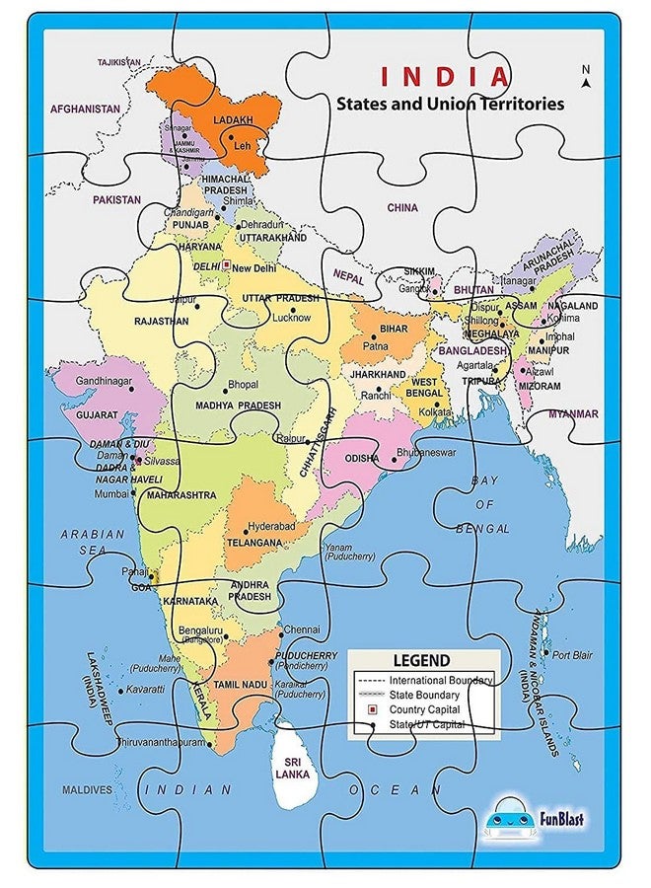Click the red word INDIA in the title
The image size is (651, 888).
coord(446,76)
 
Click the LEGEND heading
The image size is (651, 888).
coord(421,660)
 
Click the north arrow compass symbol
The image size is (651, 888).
coord(585,78)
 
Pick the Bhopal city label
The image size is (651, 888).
coord(243,385)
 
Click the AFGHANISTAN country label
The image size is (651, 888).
coord(85,109)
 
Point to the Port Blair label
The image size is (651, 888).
coord(573,654)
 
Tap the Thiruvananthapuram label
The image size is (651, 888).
coord(162,742)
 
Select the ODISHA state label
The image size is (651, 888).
coord(362,459)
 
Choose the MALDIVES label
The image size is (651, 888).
coord(87,789)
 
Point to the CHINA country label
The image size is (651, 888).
coord(401,208)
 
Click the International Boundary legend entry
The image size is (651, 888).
coord(440,681)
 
